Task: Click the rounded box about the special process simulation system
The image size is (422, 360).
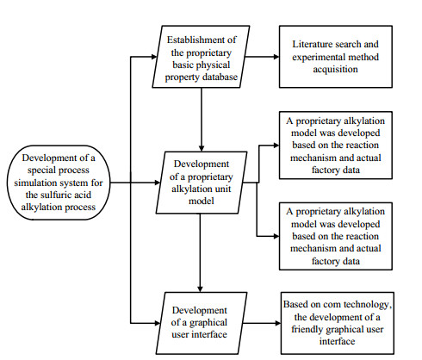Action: tap(59, 183)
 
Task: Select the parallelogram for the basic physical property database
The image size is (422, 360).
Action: tap(201, 57)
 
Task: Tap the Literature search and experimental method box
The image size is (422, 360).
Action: tap(336, 57)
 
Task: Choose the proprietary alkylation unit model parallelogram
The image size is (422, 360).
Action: tap(202, 183)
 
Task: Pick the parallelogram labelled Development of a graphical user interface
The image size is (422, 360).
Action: tap(202, 323)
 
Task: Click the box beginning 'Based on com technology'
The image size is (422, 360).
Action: tap(338, 323)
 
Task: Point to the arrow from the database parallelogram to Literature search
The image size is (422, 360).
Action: tap(262, 57)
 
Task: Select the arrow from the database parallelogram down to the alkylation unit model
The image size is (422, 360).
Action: tap(202, 120)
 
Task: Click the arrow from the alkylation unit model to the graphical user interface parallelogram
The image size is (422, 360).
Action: tap(200, 253)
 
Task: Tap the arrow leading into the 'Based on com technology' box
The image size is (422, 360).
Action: tap(262, 323)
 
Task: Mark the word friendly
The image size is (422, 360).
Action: tap(307, 329)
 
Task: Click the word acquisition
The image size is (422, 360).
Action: tap(335, 70)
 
